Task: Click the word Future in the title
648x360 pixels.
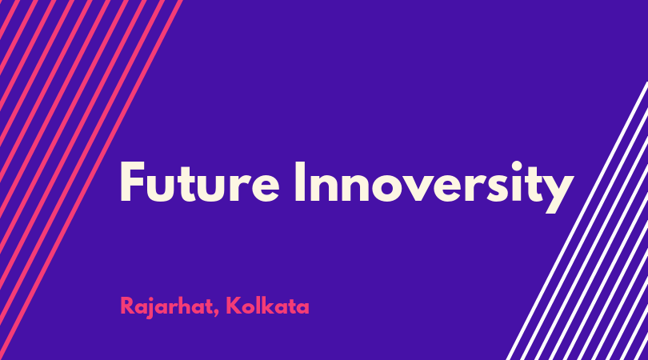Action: coord(200,182)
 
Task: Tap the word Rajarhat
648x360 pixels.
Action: coord(166,307)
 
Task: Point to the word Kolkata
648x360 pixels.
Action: coord(268,306)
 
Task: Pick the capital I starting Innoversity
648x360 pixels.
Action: coord(300,182)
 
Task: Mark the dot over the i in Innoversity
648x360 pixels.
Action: coord(517,166)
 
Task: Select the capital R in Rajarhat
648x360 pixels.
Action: coord(126,306)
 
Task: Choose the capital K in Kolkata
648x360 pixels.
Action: coord(234,306)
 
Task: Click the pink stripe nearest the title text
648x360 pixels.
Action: coord(91,180)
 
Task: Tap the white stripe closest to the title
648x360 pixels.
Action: coord(577,221)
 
